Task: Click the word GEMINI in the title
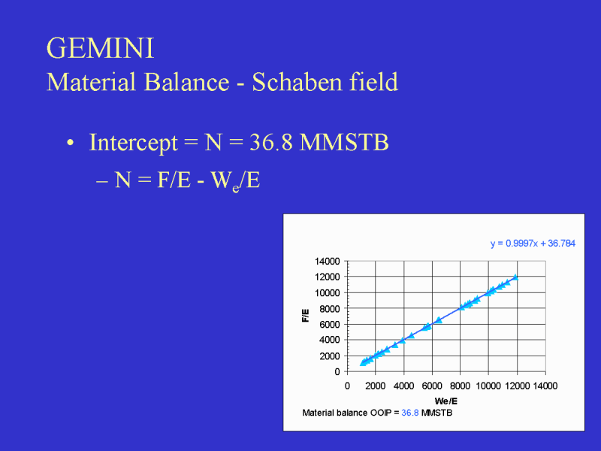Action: [100, 48]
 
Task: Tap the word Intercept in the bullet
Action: [134, 143]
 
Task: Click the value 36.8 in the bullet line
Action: [271, 142]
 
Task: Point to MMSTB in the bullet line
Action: [344, 142]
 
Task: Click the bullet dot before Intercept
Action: [70, 143]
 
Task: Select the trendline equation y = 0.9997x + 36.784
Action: [533, 244]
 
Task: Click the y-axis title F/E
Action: [305, 316]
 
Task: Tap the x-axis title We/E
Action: [445, 401]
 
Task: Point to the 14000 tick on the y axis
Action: [328, 261]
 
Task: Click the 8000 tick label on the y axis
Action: [330, 309]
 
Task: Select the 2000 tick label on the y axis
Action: [330, 356]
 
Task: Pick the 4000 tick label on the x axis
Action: [403, 386]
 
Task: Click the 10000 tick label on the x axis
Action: [488, 386]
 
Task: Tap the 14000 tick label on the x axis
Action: [545, 386]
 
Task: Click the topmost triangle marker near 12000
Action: [515, 277]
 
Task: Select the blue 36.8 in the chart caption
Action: [409, 413]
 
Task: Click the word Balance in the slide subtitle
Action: [186, 82]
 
